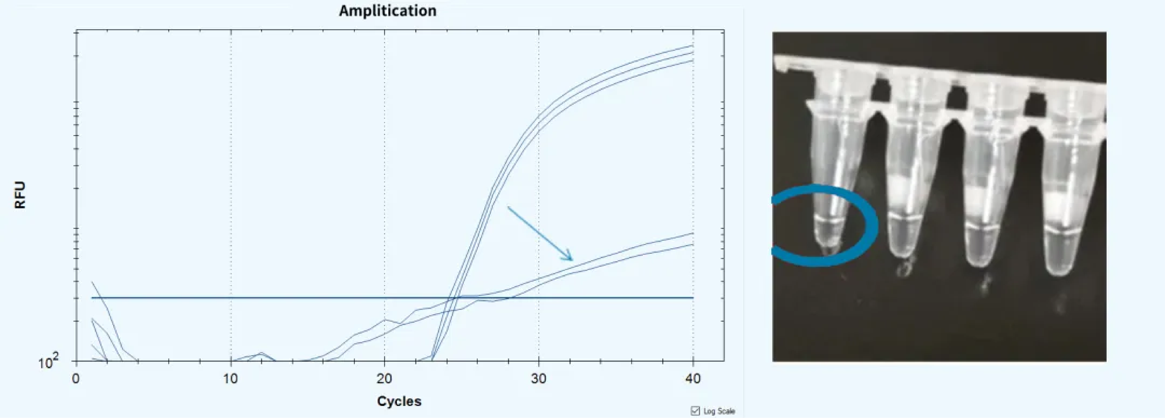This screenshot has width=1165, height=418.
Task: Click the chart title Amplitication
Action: pos(388,11)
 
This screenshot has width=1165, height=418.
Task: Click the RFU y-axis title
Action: pos(20,195)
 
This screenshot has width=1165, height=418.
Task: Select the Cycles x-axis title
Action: pos(399,401)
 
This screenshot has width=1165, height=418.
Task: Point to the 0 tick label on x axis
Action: pos(76,379)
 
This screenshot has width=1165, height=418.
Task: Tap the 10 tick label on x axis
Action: pos(231,379)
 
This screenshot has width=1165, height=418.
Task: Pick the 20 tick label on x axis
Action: pos(384,379)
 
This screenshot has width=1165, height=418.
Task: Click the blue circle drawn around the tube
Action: pos(875,225)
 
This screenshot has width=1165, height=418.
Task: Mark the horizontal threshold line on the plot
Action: pos(317,298)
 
